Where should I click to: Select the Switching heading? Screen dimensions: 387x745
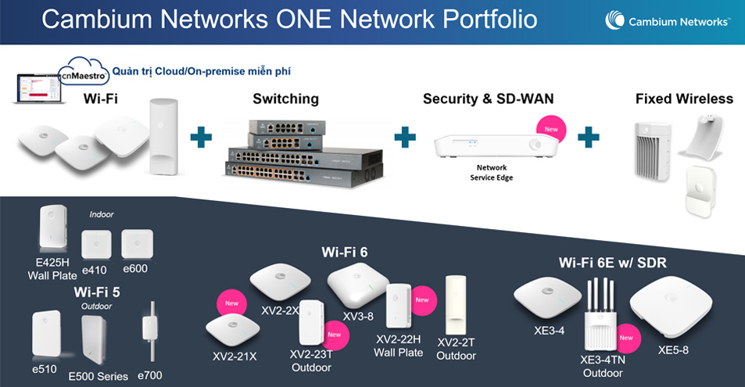[x=285, y=99]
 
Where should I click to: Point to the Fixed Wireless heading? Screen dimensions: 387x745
[x=683, y=99]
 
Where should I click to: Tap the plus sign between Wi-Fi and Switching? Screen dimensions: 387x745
[x=202, y=138]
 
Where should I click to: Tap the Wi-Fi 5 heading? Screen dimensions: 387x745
[x=96, y=292]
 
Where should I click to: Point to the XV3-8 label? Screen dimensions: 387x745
[x=358, y=316]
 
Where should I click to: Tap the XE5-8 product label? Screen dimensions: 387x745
[x=673, y=350]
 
